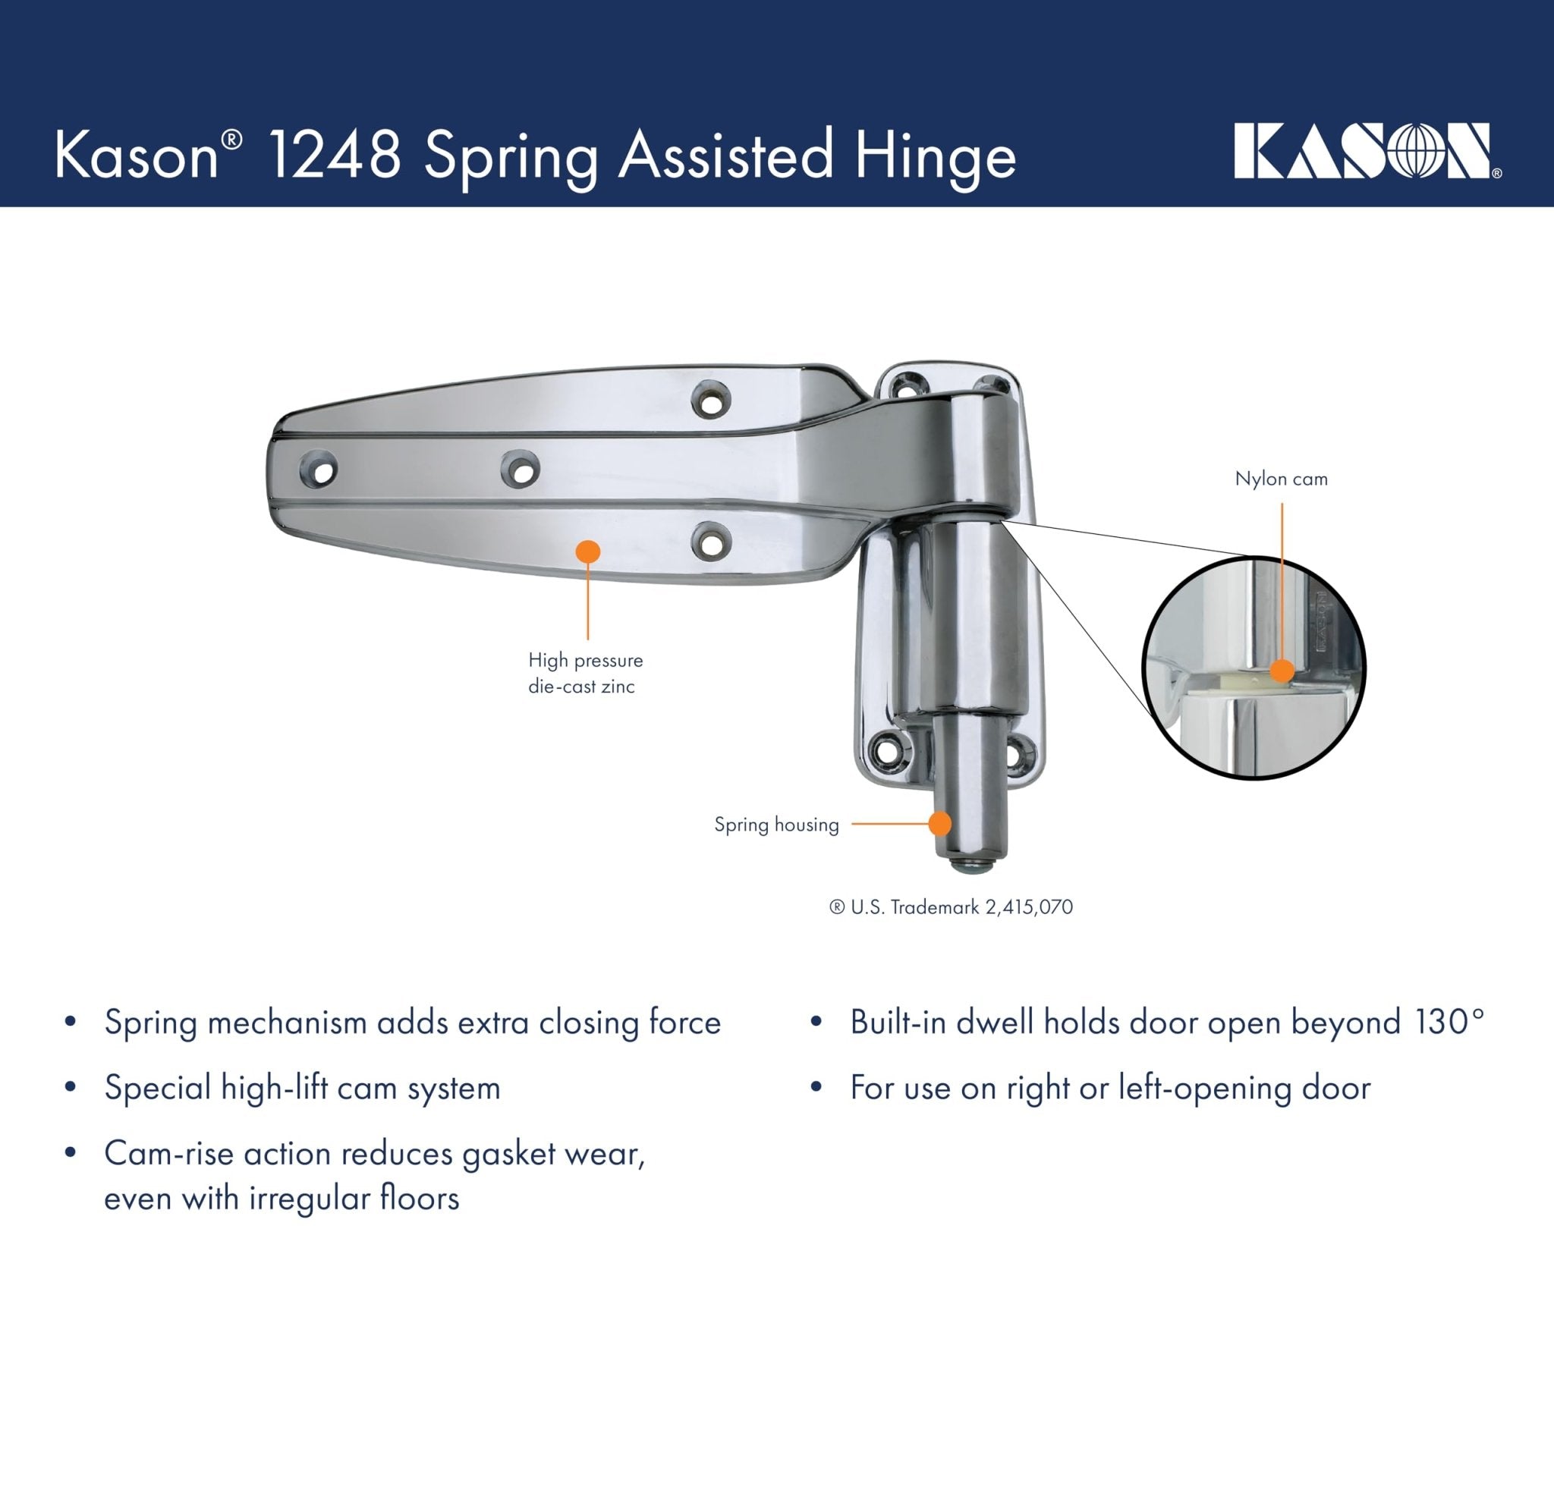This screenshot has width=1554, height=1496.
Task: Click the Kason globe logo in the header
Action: click(1367, 151)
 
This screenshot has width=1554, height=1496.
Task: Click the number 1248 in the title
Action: click(335, 155)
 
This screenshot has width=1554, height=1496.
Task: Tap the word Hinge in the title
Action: click(935, 156)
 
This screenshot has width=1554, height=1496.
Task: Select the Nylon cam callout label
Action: click(1282, 479)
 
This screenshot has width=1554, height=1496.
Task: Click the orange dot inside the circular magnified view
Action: click(1282, 671)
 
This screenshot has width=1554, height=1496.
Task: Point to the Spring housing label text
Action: click(776, 825)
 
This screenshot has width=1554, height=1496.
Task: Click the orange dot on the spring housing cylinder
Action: click(939, 824)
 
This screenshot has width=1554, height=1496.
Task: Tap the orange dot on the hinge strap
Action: click(587, 552)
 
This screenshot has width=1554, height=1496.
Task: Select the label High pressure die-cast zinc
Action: click(585, 673)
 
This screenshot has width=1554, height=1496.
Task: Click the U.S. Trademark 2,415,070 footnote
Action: click(951, 907)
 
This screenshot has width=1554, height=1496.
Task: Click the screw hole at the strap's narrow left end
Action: click(319, 471)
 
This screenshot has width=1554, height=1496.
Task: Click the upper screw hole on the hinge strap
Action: click(710, 400)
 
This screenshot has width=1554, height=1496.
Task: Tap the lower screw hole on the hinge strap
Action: click(710, 542)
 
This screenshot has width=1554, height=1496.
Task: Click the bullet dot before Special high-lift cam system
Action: click(71, 1088)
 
